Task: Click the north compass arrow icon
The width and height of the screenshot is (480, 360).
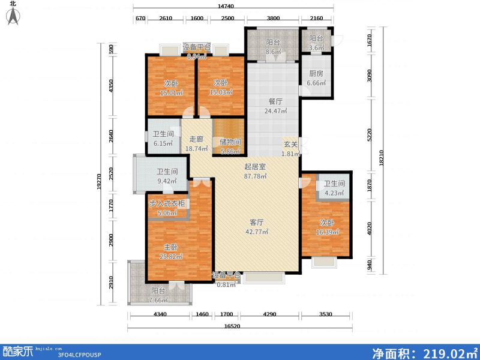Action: point(13,16)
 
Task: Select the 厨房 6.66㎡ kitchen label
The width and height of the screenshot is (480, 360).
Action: point(315,78)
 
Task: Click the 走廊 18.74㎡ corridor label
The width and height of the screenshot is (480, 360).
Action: point(196,143)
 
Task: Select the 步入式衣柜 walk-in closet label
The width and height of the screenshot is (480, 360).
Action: point(167,207)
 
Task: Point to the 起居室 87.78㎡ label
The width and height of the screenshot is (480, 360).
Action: point(255,171)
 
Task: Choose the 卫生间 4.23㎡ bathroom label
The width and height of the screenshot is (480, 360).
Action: point(334,188)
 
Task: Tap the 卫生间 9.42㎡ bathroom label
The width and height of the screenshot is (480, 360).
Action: point(167,175)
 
